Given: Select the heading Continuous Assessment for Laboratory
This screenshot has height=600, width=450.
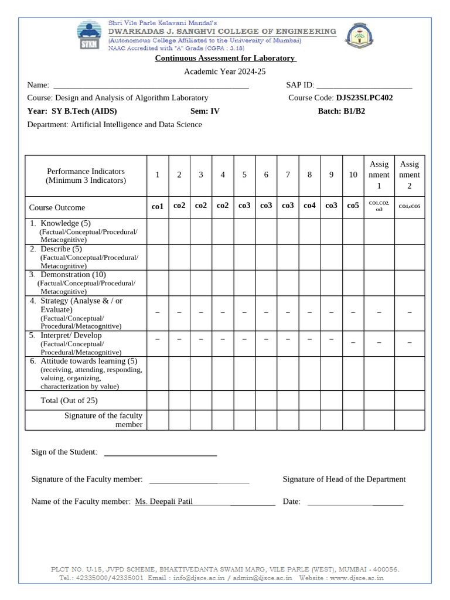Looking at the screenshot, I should tap(226, 58).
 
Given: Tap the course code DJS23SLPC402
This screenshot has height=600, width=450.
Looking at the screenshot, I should tap(364, 98).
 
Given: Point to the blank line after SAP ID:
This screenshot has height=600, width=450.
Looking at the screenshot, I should tap(364, 86).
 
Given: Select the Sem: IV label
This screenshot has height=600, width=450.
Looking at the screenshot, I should tap(205, 111).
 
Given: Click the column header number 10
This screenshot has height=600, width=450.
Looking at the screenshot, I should tap(353, 175).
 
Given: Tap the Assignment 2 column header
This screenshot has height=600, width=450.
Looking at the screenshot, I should tap(409, 175).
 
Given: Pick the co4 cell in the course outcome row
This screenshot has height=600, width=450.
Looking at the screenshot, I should tap(309, 206).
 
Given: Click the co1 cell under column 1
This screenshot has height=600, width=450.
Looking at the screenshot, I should tap(157, 206).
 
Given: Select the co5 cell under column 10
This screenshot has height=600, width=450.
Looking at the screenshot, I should tap(353, 206).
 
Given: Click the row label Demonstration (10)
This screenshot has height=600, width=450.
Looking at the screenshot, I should tap(73, 275).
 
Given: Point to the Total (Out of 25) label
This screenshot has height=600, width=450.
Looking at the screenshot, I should tap(69, 401).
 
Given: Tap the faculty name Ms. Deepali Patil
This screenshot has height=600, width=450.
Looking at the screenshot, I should tap(163, 502).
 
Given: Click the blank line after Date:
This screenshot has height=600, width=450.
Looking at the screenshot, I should tap(355, 502).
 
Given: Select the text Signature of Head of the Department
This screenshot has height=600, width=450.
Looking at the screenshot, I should tap(344, 479).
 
